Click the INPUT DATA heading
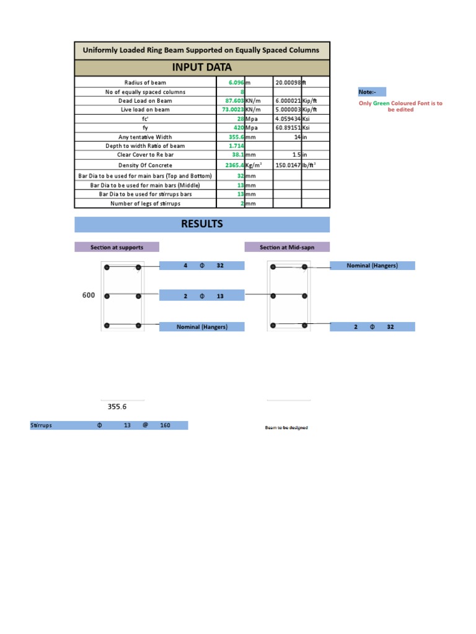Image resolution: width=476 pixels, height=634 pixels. pos(203,67)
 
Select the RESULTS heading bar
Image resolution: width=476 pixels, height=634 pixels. pos(202,224)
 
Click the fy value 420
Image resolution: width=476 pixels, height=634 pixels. pos(237,128)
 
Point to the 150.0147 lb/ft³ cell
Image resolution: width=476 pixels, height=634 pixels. pos(288,165)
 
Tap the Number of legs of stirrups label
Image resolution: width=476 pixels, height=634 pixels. pos(145,203)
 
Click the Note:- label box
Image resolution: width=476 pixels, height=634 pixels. pos(372,92)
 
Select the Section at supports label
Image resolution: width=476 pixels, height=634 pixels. pos(117,247)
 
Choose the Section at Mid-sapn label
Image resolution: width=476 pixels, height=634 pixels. pos(287,247)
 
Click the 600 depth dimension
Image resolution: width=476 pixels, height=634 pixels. pos(89,295)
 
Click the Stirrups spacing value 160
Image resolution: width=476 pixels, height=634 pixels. pos(165,425)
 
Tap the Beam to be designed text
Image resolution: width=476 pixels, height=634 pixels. pos(286,428)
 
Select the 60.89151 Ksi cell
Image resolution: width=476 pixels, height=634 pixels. pos(288,128)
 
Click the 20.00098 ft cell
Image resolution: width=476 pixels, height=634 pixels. pos(288,82)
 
